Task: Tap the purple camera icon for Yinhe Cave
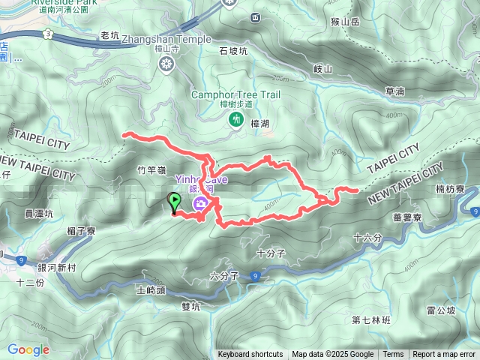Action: click(x=200, y=204)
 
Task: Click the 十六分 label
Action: click(x=367, y=238)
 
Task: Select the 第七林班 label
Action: click(x=371, y=320)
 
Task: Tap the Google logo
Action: click(x=28, y=349)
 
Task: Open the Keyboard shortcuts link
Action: click(x=250, y=355)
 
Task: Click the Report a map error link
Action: click(x=444, y=355)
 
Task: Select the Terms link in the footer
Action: click(x=393, y=355)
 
